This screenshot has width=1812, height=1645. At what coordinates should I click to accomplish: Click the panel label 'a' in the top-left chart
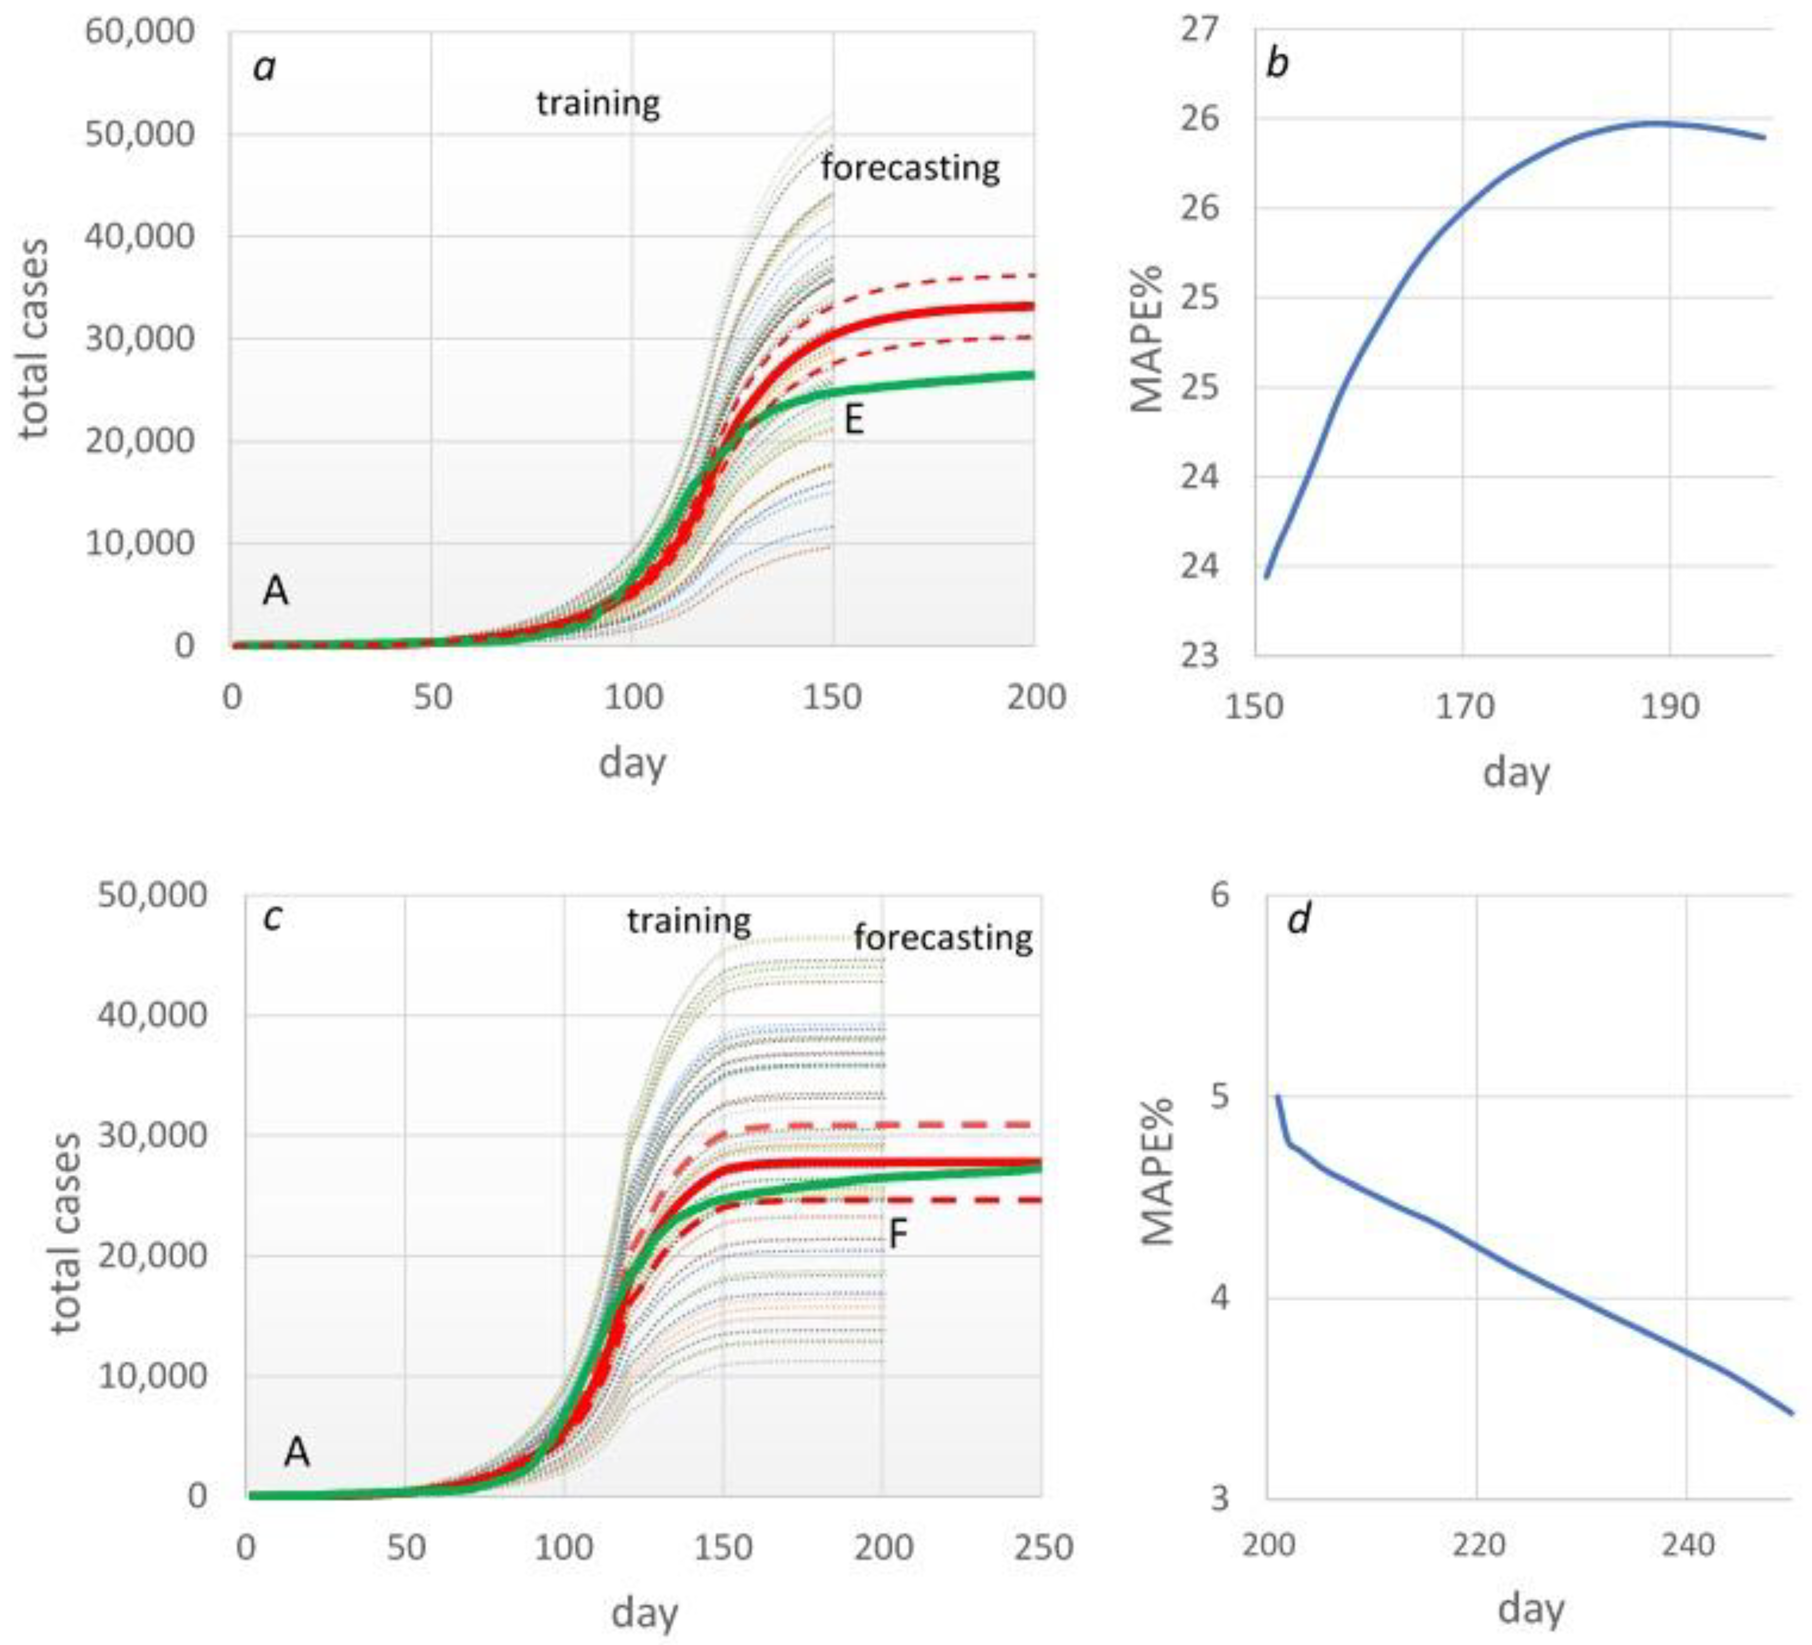pos(263,67)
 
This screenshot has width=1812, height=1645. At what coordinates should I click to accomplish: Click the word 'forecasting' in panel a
pos(910,168)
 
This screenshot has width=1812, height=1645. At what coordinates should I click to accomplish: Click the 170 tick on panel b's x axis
pos(1464,706)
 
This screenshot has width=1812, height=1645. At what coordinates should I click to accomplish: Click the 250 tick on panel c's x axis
pos(1043,1548)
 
